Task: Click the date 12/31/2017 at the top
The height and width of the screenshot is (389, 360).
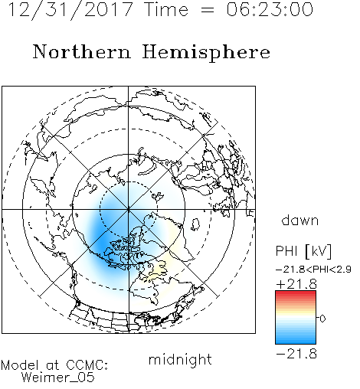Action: point(70,10)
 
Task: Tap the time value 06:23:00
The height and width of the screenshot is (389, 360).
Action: point(270,10)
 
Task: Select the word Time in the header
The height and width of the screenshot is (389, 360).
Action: point(166,10)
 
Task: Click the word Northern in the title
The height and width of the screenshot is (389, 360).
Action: point(82,51)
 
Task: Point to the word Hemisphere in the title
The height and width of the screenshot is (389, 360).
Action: point(206,53)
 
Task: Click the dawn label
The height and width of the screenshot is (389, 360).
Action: point(300,220)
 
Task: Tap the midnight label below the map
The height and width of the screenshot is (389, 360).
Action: point(180,359)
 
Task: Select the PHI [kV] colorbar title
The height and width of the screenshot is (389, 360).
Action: point(303,251)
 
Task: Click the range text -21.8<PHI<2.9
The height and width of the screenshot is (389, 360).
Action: point(313,270)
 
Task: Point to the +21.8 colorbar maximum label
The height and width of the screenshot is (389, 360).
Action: point(296,284)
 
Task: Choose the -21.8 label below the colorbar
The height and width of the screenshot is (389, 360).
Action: point(296,354)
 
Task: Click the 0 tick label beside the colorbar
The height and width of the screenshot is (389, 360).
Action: point(322,319)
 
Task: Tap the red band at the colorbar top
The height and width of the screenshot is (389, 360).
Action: point(296,294)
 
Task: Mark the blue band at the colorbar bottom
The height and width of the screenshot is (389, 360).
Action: point(296,340)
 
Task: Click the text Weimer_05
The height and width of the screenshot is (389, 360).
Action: point(58,377)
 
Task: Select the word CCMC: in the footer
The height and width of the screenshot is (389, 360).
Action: point(87,365)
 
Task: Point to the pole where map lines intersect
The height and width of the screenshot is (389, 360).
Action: point(129,209)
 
